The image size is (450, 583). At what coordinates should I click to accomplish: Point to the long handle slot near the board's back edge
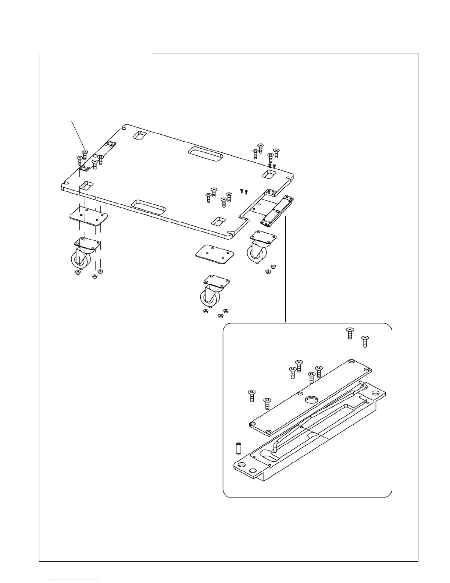(x=206, y=154)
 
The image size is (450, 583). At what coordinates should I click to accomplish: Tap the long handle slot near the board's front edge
(x=149, y=206)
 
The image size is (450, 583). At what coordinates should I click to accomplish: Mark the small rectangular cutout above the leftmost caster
(x=87, y=185)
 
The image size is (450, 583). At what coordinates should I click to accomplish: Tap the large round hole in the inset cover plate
(x=312, y=399)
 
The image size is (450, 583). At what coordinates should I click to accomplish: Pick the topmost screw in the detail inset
(x=350, y=333)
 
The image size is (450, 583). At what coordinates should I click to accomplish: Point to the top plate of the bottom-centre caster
(x=217, y=282)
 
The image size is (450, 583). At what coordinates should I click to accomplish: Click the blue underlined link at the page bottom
(x=73, y=579)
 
